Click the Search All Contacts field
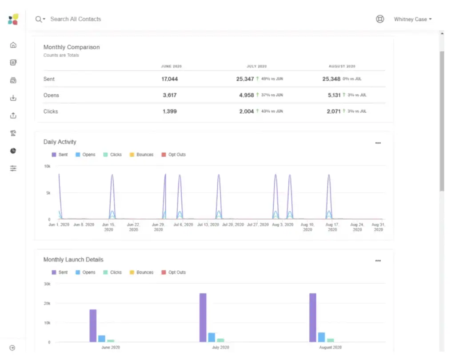[76, 19]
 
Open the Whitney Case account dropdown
[413, 19]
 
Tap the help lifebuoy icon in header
[380, 19]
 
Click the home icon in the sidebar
[13, 45]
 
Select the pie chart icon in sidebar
[13, 151]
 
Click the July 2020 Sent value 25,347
[245, 79]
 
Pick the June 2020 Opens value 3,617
[169, 95]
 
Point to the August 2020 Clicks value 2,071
[333, 111]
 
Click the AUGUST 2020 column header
[342, 66]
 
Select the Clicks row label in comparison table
[51, 111]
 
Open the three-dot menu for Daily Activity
[378, 143]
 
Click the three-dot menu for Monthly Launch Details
[378, 261]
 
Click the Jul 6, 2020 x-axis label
[182, 225]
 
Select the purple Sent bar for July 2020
[203, 317]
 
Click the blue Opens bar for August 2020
[321, 337]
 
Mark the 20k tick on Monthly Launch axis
[47, 303]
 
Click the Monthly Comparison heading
[72, 47]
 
